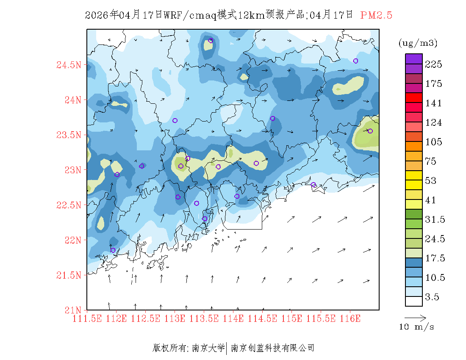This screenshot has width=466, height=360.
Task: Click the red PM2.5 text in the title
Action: [x=376, y=15]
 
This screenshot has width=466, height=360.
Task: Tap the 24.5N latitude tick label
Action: [x=68, y=65]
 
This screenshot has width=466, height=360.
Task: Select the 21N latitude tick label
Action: [x=72, y=310]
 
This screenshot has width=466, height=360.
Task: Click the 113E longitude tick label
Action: [x=175, y=318]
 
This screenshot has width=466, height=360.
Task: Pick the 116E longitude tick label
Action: [x=350, y=318]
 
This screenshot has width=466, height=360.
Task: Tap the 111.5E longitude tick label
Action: [x=87, y=318]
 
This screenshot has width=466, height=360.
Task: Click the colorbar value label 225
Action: [x=434, y=64]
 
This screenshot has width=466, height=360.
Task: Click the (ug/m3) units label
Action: [x=418, y=43]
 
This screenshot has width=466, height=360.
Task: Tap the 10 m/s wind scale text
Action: [x=416, y=327]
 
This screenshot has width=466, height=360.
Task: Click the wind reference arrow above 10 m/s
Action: [x=415, y=317]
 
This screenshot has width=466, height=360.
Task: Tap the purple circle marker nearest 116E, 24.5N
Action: [x=355, y=61]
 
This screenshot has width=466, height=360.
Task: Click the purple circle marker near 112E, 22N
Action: [x=113, y=250]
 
